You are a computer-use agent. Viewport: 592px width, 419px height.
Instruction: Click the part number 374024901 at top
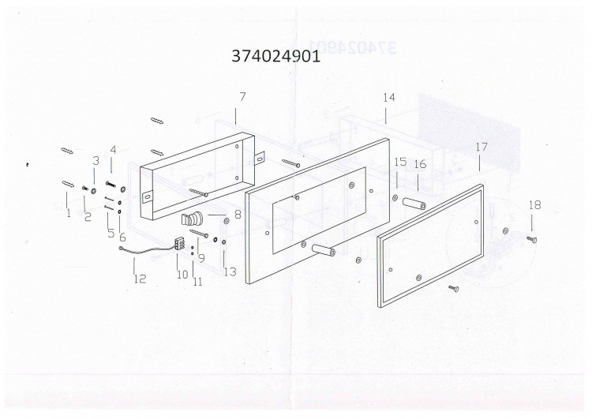point(276,56)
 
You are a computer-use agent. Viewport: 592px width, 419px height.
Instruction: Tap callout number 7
point(242,96)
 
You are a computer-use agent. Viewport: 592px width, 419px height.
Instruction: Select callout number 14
point(389,97)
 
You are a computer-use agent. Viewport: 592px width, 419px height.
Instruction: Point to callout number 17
point(481,147)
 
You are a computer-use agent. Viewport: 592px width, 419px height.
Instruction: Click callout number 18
point(534,205)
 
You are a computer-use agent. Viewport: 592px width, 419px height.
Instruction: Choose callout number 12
point(140,279)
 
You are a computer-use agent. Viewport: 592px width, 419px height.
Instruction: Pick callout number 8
point(238,215)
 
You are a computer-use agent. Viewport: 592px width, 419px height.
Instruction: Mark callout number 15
point(400,162)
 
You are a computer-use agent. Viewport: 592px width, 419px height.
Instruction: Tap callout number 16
point(420,164)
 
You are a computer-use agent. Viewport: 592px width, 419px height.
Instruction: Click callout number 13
point(230,271)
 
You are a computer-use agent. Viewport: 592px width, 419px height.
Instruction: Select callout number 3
point(96,160)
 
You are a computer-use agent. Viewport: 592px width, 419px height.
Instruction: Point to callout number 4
point(113,149)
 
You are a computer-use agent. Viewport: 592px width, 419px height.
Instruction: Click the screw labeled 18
point(532,239)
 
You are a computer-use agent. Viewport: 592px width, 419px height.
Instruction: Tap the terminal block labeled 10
point(180,244)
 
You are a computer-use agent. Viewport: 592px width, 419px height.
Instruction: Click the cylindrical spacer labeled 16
point(414,203)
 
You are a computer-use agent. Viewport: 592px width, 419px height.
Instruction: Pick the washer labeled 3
point(93,188)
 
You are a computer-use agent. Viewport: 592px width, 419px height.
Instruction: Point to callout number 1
point(69,213)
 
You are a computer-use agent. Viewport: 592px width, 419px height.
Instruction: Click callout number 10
point(182,275)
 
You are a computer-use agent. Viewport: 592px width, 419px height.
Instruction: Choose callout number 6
point(122,237)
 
